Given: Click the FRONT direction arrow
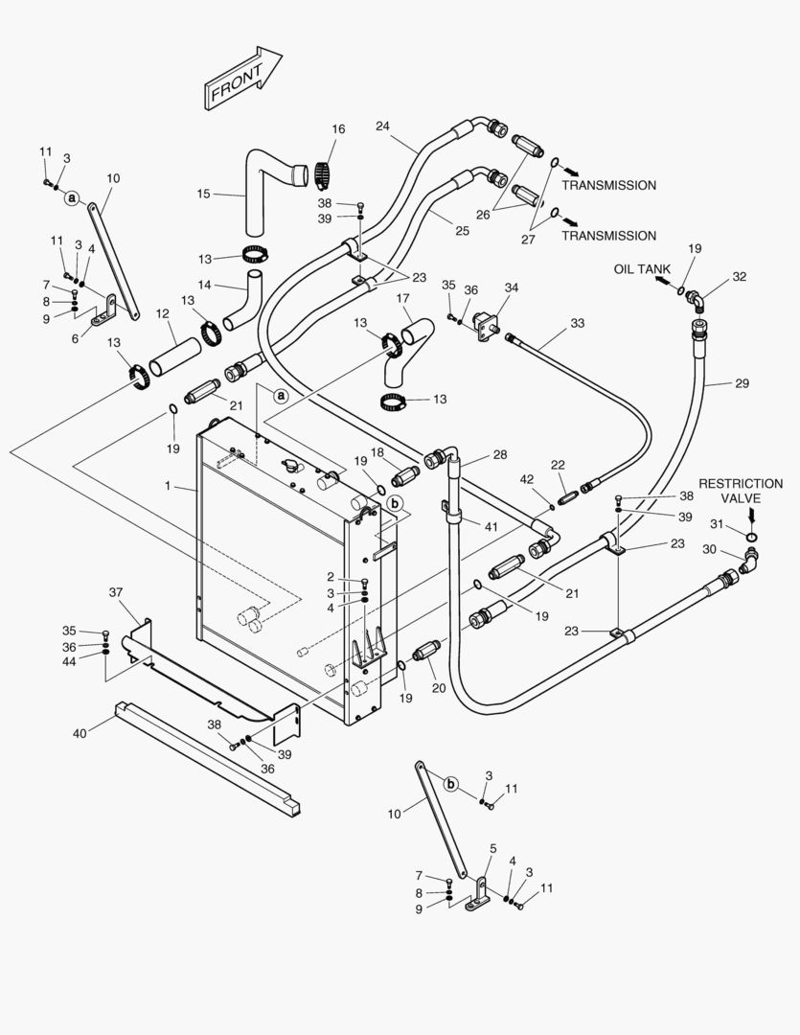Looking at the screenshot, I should [x=242, y=79].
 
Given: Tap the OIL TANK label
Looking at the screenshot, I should [x=642, y=269].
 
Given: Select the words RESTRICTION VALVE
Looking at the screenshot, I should [x=741, y=491].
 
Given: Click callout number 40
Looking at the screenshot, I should [x=80, y=734].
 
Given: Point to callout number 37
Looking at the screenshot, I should [x=116, y=592].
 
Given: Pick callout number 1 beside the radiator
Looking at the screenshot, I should [x=167, y=487].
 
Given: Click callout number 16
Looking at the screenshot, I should [x=338, y=129].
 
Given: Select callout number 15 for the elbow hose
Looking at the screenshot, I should [x=203, y=194].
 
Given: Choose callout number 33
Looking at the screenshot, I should [x=577, y=324].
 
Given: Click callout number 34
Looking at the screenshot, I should [x=512, y=287].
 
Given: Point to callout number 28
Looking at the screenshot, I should [x=499, y=454].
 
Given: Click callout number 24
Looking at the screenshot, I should [x=382, y=126].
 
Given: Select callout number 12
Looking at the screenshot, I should [x=162, y=313].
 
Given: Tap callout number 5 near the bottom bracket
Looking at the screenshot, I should [x=492, y=848].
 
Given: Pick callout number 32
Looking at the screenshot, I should [x=739, y=277].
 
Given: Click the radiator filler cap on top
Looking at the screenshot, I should [x=288, y=467].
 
